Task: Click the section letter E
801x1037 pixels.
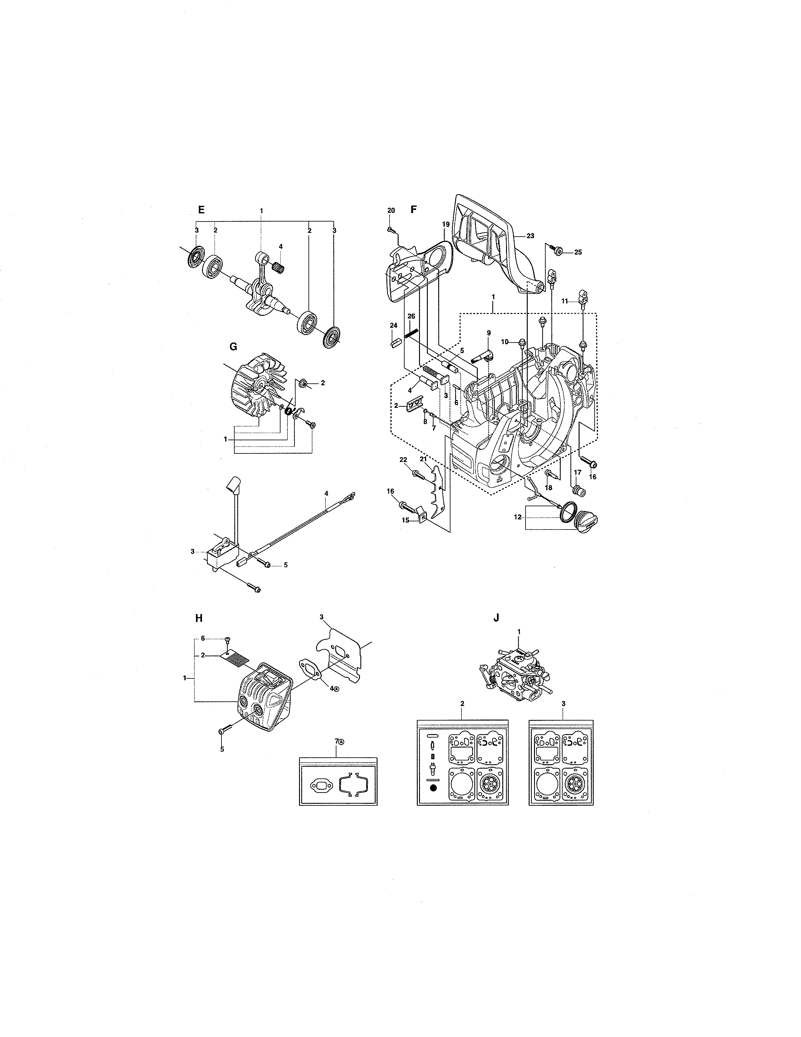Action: click(201, 210)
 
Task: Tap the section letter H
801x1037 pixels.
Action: click(199, 618)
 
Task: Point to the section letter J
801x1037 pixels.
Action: click(496, 618)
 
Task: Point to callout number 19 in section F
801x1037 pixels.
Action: click(446, 223)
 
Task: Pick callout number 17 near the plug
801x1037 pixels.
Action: click(577, 472)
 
